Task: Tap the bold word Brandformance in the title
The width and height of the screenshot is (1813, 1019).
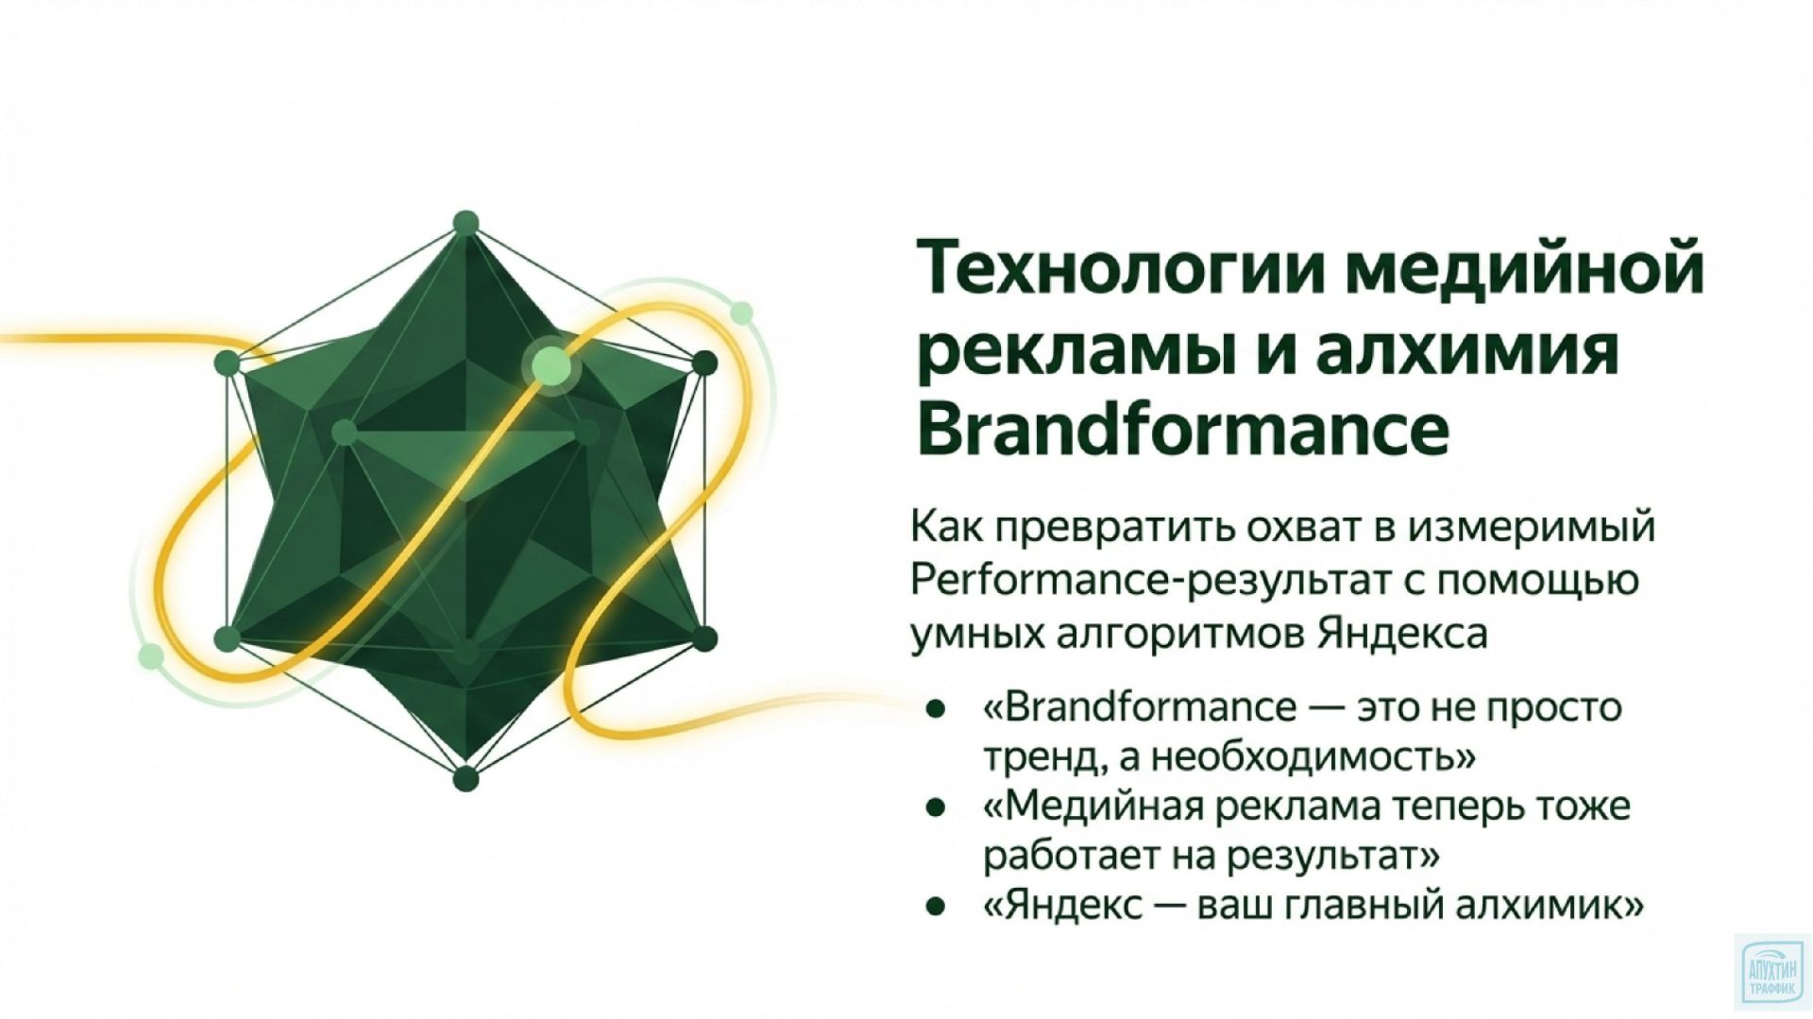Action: click(x=1182, y=430)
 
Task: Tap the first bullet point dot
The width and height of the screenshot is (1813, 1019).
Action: click(x=935, y=707)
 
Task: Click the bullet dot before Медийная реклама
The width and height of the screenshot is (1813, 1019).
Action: click(x=935, y=807)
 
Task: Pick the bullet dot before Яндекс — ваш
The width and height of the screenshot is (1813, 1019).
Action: click(x=935, y=908)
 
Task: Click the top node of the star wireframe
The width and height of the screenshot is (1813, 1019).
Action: click(x=466, y=224)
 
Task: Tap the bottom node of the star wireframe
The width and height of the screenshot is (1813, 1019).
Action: click(x=466, y=779)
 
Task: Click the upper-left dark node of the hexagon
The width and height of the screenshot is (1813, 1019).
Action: click(x=227, y=363)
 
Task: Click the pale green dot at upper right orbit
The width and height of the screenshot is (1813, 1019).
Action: click(x=741, y=313)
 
